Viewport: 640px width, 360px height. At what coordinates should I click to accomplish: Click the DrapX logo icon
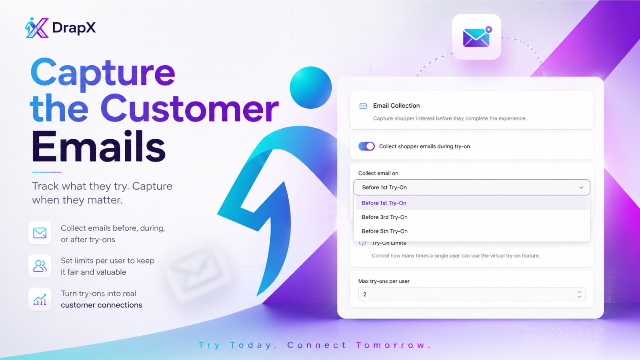click(x=37, y=28)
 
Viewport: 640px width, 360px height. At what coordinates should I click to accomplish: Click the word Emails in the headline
click(x=98, y=146)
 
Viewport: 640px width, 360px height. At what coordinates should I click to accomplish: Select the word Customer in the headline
click(x=190, y=108)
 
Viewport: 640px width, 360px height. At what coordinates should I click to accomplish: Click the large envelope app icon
click(x=476, y=37)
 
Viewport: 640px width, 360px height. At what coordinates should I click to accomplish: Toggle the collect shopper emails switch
click(x=366, y=146)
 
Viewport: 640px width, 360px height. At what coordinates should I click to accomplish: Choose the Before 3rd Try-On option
click(x=384, y=217)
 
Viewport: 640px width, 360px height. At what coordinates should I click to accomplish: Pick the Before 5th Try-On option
click(x=384, y=231)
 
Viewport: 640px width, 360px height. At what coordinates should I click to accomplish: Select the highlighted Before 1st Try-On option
click(x=384, y=203)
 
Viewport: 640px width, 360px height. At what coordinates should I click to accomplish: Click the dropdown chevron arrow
click(x=581, y=188)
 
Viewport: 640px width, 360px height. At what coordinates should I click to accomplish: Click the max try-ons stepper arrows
click(x=580, y=294)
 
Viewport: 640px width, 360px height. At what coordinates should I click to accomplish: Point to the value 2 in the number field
click(x=364, y=294)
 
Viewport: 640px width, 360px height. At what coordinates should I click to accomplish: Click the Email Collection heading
click(x=396, y=106)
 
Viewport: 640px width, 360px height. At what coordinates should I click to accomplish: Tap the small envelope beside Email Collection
click(x=363, y=106)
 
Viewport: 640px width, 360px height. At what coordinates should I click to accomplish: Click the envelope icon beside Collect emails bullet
click(x=40, y=233)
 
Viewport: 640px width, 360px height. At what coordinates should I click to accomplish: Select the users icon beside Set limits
click(x=40, y=266)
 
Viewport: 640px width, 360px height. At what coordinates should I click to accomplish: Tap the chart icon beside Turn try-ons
click(x=40, y=299)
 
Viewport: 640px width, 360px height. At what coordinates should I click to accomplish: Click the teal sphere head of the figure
click(x=310, y=88)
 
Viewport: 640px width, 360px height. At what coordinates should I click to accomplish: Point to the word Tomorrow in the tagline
click(x=393, y=345)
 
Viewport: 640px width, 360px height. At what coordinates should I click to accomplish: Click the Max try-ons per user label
click(x=384, y=281)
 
